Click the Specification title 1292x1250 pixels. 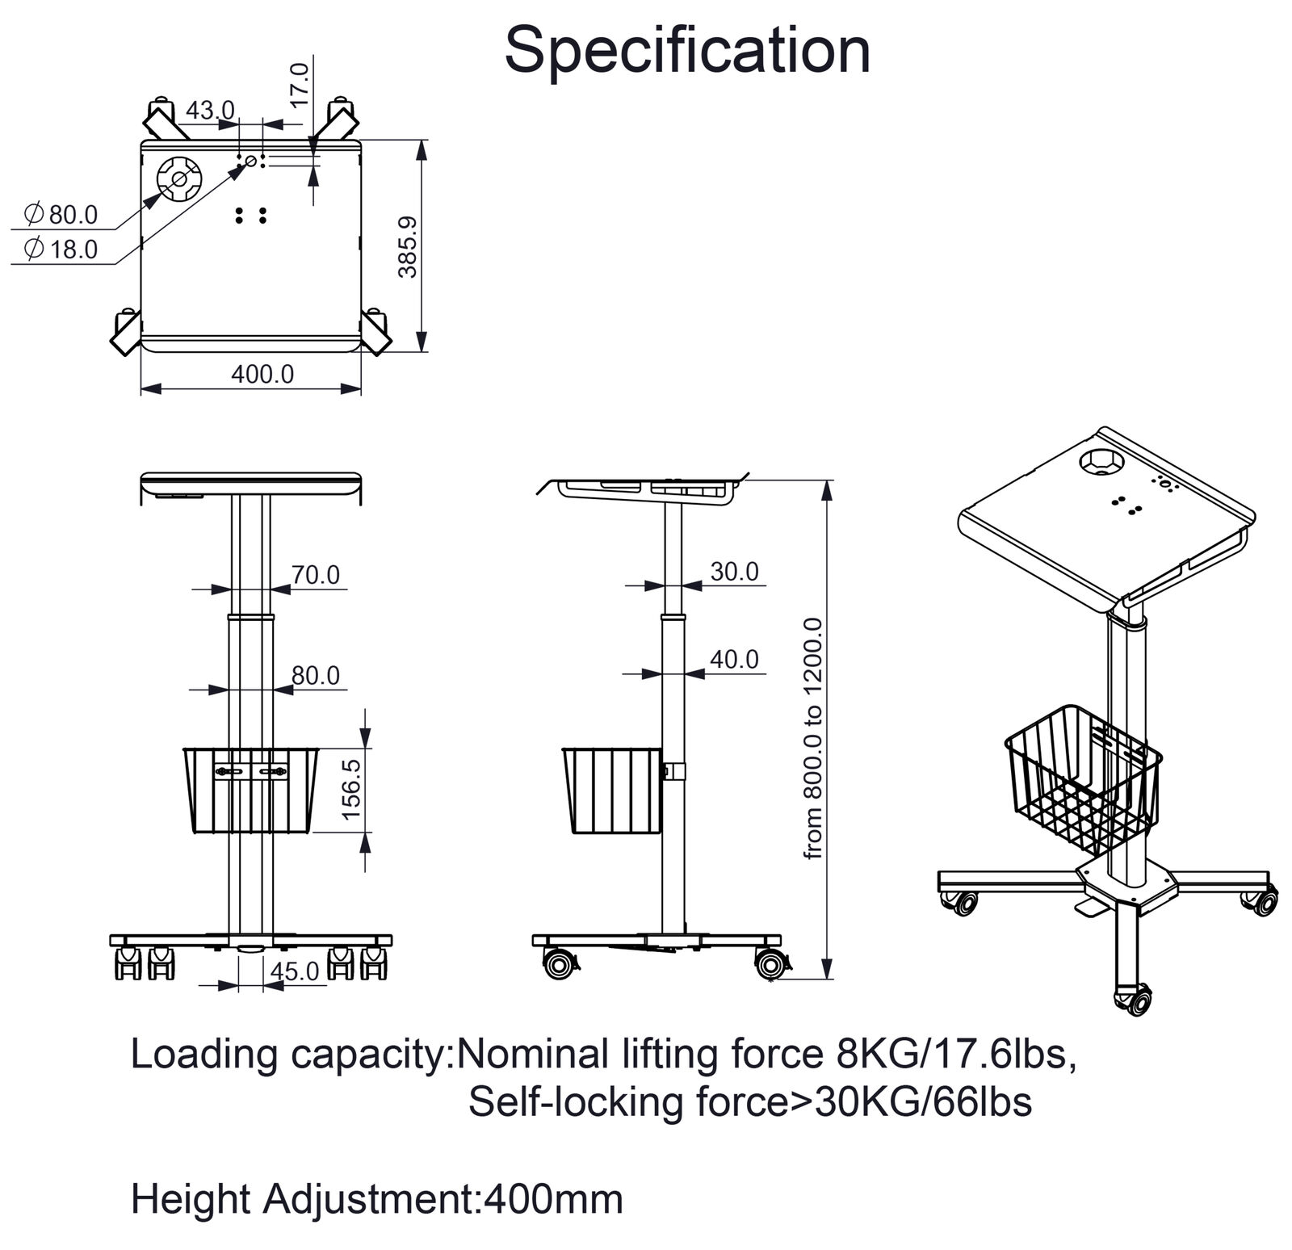(x=687, y=50)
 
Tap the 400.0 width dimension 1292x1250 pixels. (x=262, y=374)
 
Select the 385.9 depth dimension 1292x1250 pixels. (x=408, y=246)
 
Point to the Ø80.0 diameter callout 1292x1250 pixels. (x=61, y=215)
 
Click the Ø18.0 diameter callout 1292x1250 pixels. (x=61, y=250)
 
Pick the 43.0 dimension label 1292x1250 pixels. (x=210, y=109)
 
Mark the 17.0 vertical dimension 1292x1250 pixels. (x=300, y=85)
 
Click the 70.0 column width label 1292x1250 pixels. (x=316, y=575)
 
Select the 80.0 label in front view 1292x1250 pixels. (x=316, y=675)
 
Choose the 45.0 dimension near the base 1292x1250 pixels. (x=296, y=971)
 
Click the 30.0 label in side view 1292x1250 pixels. (x=735, y=572)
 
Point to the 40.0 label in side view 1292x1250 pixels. (x=735, y=660)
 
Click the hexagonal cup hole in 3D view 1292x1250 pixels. (x=1101, y=464)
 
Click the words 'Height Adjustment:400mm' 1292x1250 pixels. (x=377, y=1200)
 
